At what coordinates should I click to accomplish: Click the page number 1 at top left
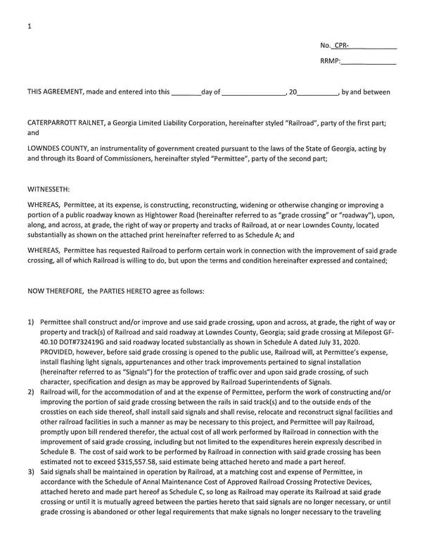[29, 26]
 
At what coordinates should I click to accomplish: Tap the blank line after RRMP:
[369, 62]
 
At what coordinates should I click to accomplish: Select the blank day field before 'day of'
[186, 92]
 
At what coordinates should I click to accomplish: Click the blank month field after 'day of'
[254, 92]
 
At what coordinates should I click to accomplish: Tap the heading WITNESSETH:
[49, 189]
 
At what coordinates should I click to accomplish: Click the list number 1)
[31, 321]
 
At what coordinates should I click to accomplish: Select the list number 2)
[31, 389]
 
